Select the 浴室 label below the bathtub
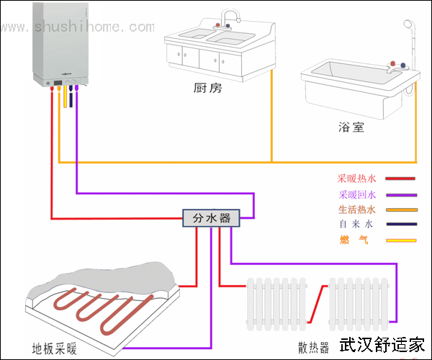point(351,127)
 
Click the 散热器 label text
point(313,347)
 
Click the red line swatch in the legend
point(400,179)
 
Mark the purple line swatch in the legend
point(400,194)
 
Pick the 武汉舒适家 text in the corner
point(382,346)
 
